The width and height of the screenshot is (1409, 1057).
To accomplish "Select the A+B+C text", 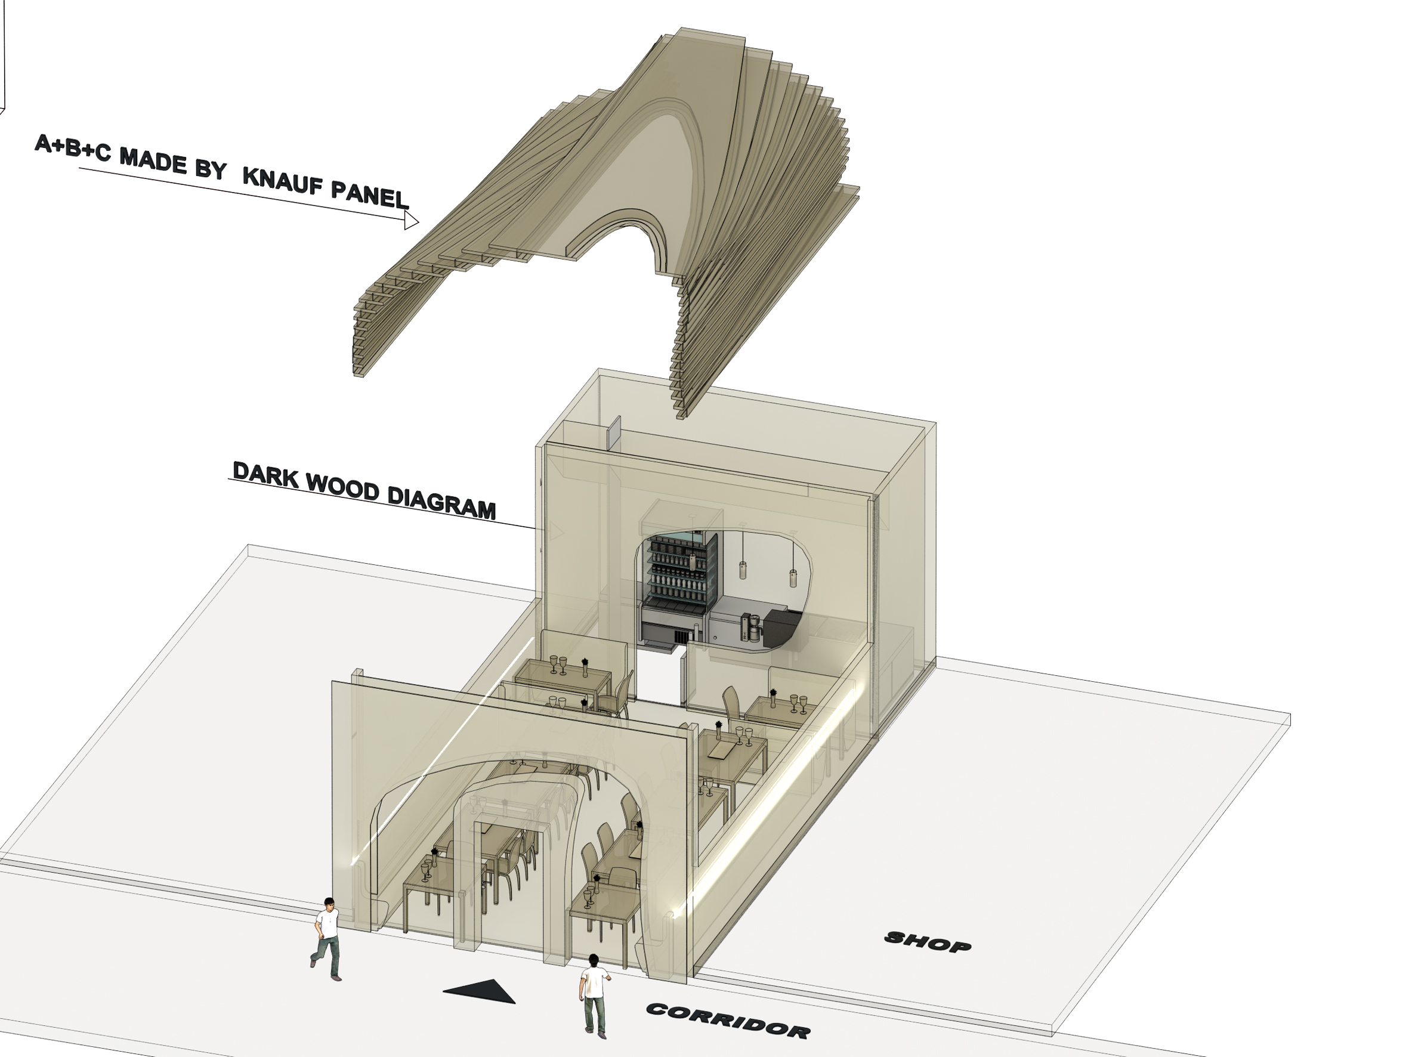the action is coord(73,148).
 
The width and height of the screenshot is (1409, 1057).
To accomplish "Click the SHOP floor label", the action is coord(929,942).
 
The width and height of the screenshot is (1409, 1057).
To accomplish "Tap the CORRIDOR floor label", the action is coord(728,1020).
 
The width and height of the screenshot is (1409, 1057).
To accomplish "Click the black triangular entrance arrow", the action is coord(480,991).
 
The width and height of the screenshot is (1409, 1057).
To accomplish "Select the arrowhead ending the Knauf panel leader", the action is coord(412,221).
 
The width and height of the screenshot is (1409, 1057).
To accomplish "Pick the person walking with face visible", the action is coord(326,938).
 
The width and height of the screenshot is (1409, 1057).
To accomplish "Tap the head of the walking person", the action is coord(329,904).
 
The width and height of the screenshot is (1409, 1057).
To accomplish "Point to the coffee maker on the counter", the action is coord(749,627).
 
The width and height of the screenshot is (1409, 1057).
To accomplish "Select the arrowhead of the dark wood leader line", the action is coord(556,530).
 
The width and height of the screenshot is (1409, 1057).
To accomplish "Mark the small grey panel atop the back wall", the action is coord(613,433).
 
